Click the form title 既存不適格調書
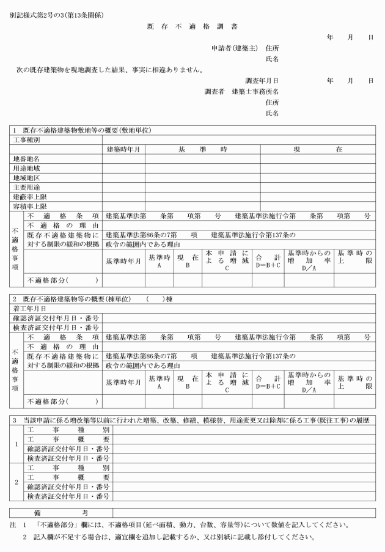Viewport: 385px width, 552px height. coord(193,28)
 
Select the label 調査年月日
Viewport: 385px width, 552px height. coord(262,81)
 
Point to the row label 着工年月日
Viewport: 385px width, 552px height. coord(30,309)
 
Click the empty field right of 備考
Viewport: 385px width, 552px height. coord(244,512)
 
